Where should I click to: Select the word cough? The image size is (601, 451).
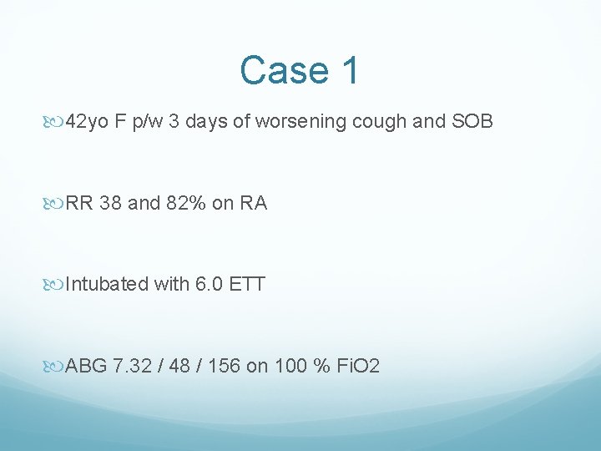point(382,123)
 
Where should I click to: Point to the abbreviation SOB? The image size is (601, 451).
point(472,123)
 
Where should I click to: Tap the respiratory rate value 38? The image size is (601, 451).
point(109,203)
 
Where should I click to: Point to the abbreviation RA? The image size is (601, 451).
point(252,203)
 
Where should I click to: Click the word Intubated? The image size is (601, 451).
point(107,284)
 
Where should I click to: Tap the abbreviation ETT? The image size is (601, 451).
point(246,284)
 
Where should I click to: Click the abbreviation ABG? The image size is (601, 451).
point(85,365)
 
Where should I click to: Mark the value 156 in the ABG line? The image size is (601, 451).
point(223,365)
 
